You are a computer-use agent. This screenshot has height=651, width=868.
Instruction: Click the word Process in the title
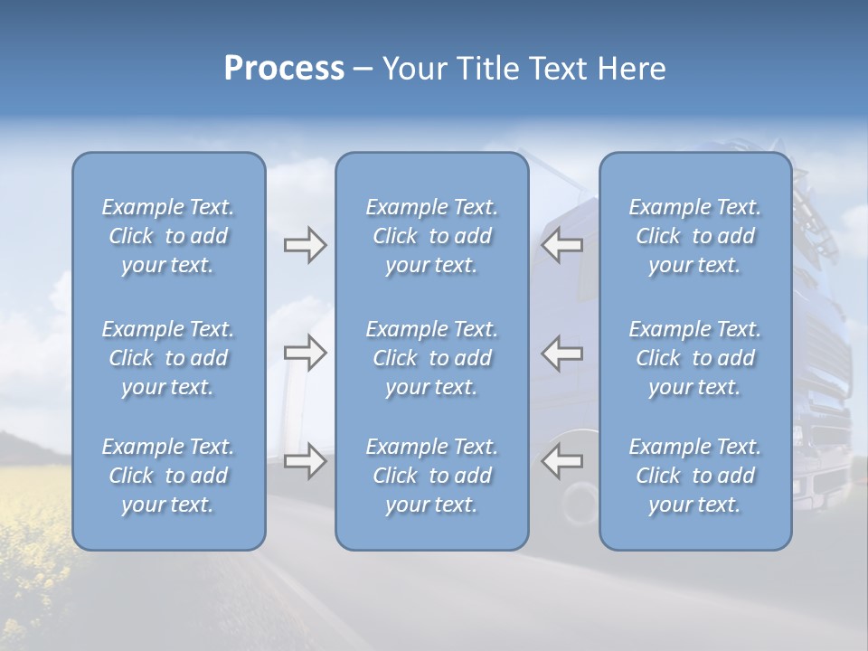(x=284, y=69)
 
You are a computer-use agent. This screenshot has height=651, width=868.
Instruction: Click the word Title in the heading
(x=486, y=69)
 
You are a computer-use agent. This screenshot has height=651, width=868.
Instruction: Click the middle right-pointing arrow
(x=305, y=353)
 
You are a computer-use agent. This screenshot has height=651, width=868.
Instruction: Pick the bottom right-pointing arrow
(x=305, y=461)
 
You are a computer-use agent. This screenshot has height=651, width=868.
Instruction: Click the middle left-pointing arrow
(x=562, y=353)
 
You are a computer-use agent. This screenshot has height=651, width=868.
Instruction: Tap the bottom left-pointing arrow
(x=562, y=461)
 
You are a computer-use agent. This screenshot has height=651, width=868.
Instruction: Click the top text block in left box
(x=168, y=236)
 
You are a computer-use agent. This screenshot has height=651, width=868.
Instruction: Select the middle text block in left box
(x=168, y=358)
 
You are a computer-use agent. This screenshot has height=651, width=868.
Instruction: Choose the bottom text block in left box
(x=168, y=476)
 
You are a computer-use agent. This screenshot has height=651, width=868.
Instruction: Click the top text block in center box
(x=431, y=236)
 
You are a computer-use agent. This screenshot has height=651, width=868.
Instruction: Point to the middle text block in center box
(x=431, y=358)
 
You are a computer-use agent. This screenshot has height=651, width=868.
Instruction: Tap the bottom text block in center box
(x=431, y=476)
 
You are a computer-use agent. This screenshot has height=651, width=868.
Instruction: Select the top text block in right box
(x=695, y=236)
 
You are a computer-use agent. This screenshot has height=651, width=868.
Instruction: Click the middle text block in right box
(x=695, y=358)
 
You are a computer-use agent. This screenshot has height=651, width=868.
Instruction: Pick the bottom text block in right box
(x=695, y=476)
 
